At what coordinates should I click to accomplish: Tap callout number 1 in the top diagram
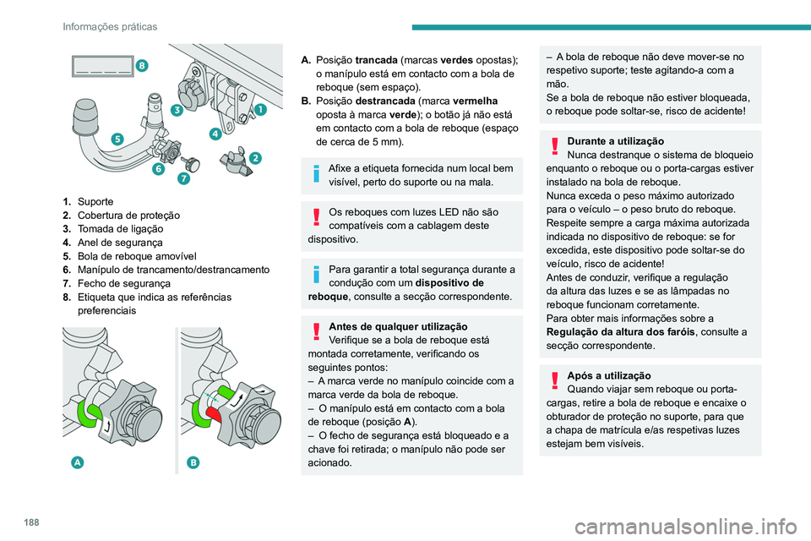tap(260, 109)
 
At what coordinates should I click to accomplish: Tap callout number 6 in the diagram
tap(183, 179)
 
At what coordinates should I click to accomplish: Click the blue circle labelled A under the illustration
tap(78, 462)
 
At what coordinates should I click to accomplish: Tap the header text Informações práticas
tap(110, 27)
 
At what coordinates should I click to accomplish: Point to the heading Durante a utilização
tap(615, 140)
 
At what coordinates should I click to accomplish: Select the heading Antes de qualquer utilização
tap(398, 326)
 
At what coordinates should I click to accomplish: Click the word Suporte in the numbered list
tap(95, 202)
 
